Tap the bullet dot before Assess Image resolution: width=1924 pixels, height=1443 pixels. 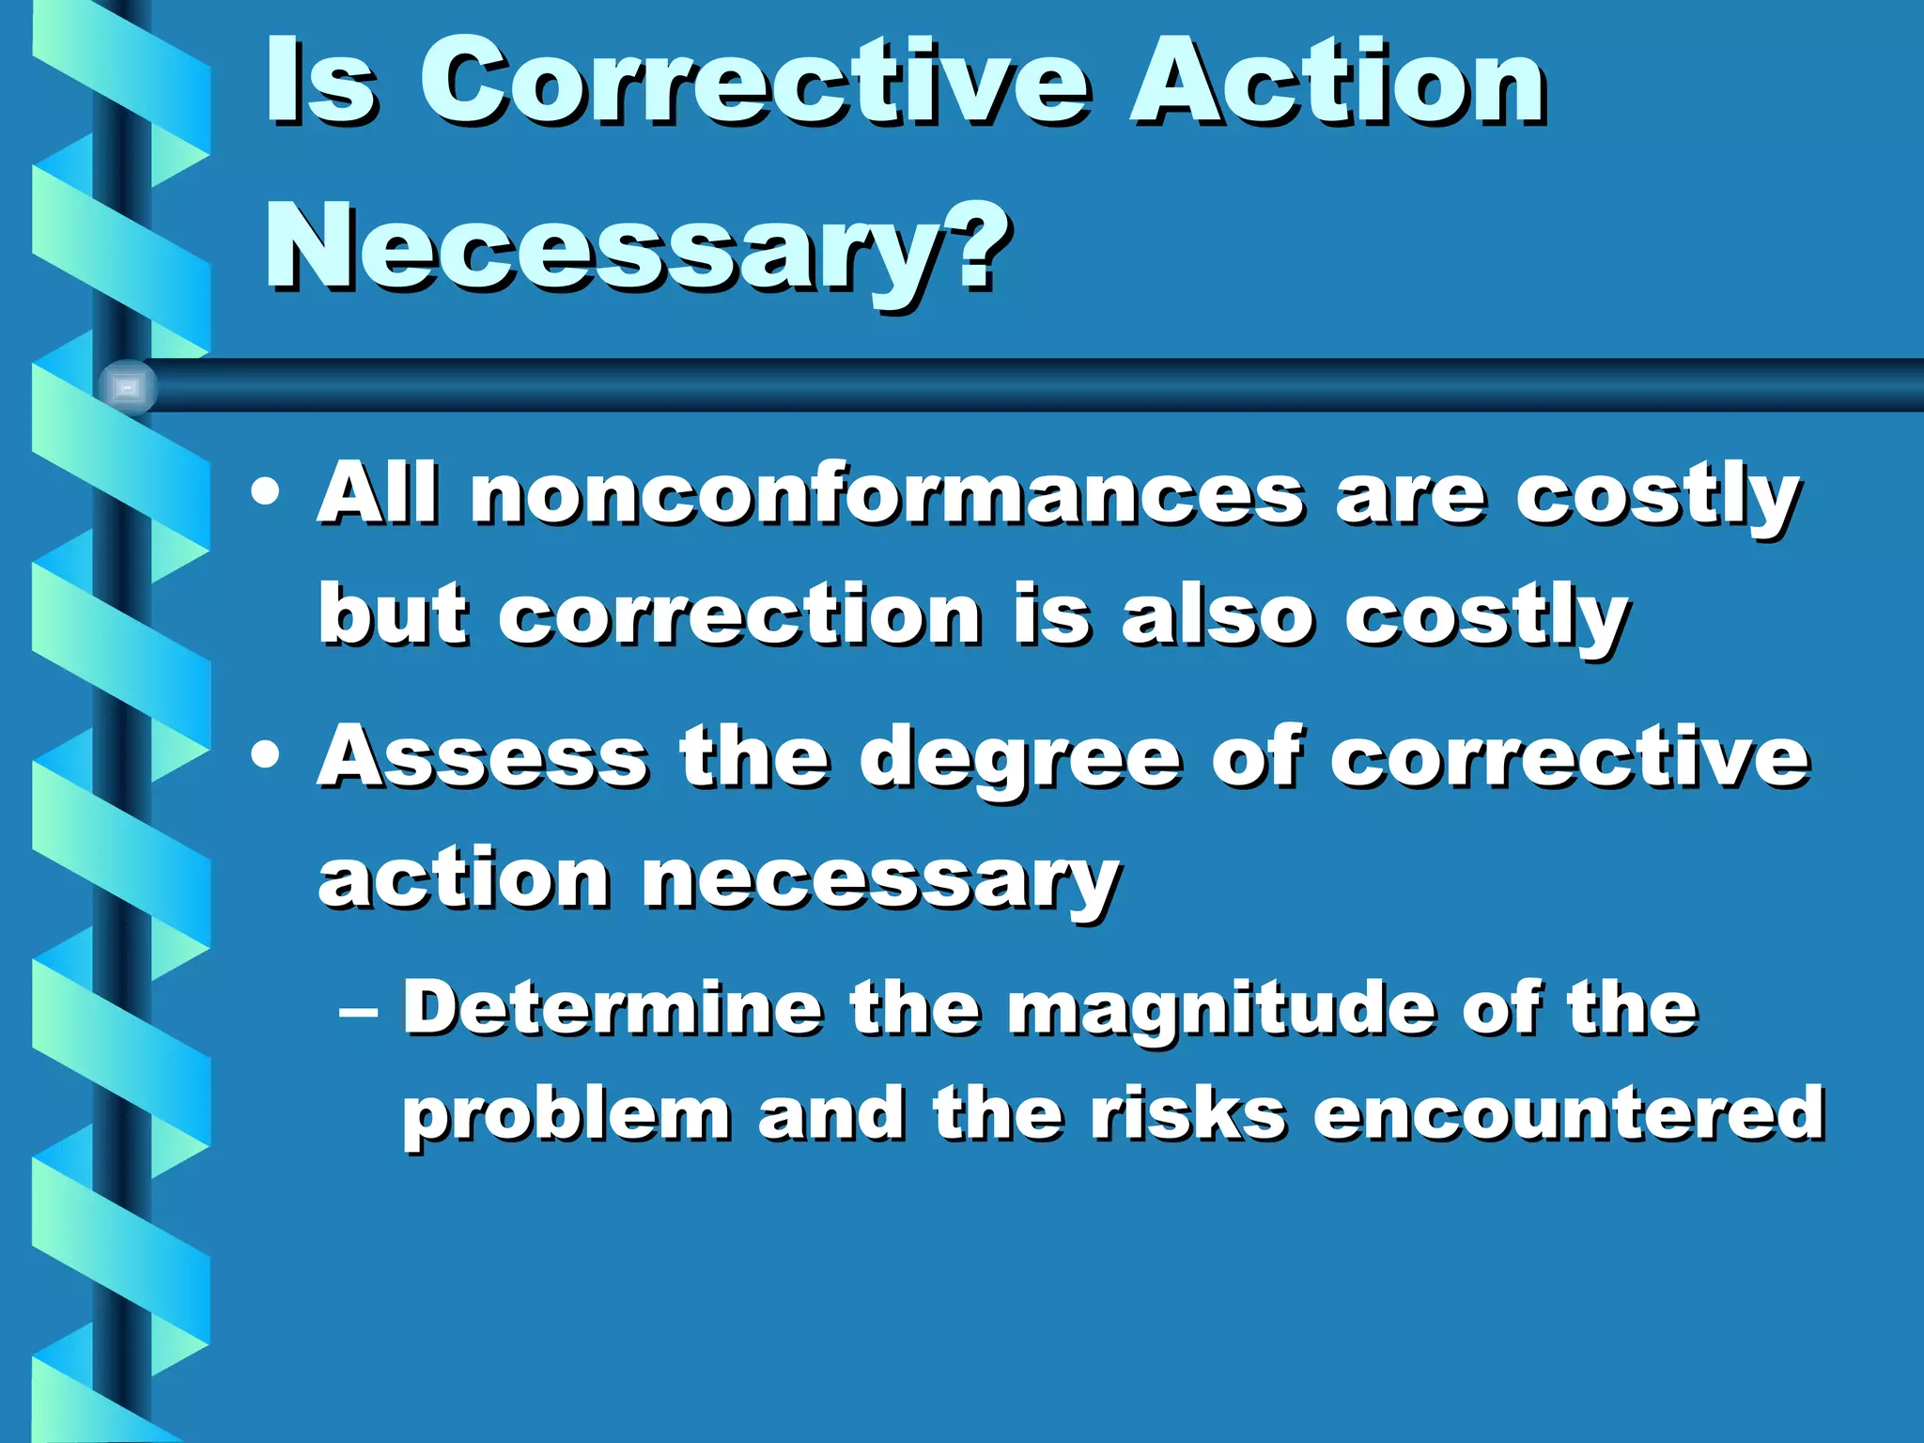pyautogui.click(x=266, y=756)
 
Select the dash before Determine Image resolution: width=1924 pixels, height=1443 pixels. pyautogui.click(x=360, y=1013)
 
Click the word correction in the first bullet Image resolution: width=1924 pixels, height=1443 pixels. pyautogui.click(x=740, y=617)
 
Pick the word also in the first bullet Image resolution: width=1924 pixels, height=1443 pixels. pyautogui.click(x=1218, y=617)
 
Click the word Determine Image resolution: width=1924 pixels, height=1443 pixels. pyautogui.click(x=613, y=1009)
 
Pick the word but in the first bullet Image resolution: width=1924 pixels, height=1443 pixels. pyautogui.click(x=393, y=617)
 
